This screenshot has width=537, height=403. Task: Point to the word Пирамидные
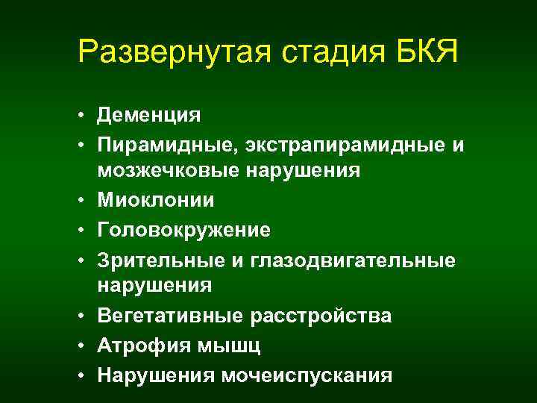[160, 144]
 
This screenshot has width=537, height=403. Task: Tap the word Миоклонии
[155, 200]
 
